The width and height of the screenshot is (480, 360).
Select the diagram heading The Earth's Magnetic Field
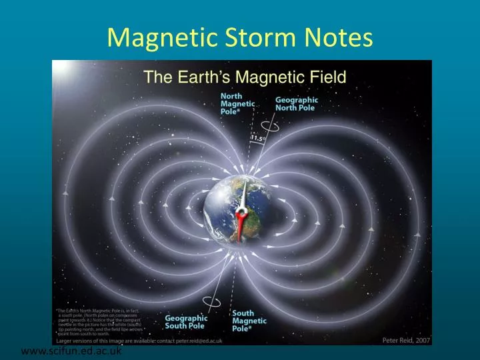245,77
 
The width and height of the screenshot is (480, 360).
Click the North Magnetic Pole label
237,104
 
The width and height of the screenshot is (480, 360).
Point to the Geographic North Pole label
297,104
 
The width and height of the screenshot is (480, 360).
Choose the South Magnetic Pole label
249,321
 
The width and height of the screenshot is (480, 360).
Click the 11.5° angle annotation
258,139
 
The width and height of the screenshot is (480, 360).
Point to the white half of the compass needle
245,195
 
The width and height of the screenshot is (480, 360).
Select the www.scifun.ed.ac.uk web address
71,352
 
